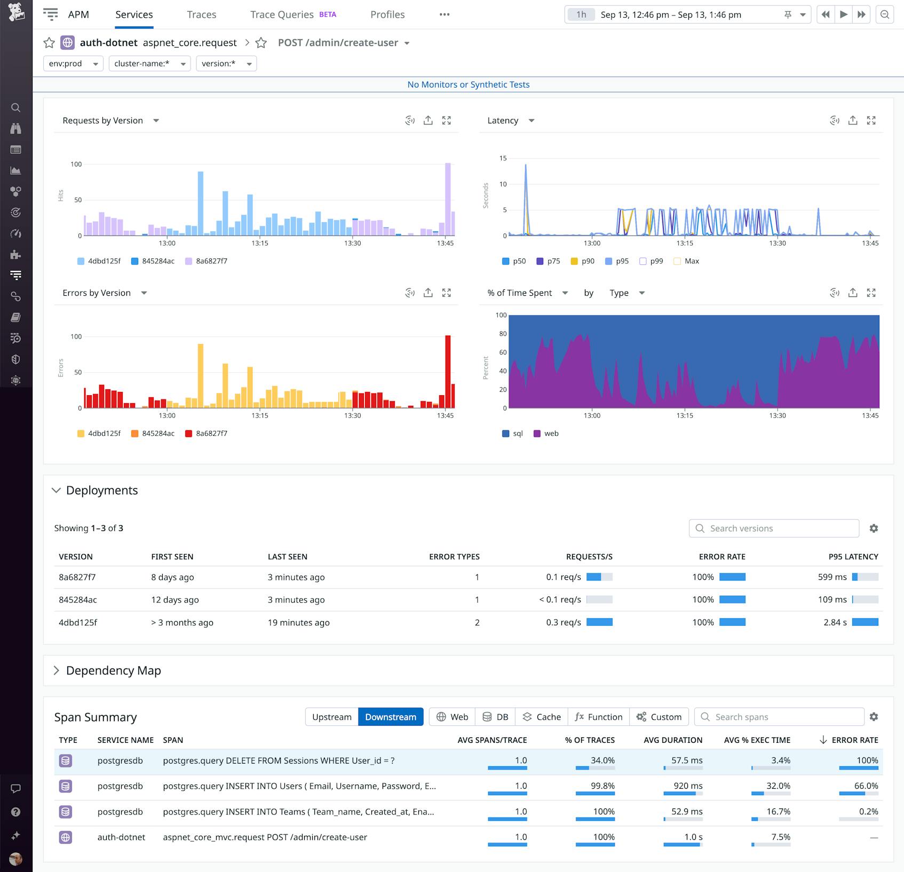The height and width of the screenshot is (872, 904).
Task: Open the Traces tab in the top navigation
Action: pos(201,14)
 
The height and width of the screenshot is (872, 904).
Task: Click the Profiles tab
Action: pos(387,14)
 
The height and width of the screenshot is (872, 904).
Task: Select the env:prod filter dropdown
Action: pos(73,64)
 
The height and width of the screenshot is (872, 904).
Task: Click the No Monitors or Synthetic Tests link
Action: pos(468,84)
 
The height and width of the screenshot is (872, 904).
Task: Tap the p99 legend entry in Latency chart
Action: pos(651,261)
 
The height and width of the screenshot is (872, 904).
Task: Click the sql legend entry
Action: pos(512,434)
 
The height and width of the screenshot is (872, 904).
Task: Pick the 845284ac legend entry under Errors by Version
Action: pos(153,434)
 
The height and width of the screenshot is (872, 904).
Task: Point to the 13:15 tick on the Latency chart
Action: pos(685,243)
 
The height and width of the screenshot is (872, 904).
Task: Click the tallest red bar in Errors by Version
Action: pos(448,371)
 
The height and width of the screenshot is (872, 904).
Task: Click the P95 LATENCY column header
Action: pos(853,556)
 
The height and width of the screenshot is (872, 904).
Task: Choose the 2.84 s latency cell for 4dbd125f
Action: pos(835,622)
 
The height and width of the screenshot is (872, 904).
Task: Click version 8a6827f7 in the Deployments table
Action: pos(77,577)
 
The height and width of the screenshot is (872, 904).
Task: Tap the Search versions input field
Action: pos(774,528)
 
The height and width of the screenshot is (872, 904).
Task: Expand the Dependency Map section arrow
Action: pos(56,670)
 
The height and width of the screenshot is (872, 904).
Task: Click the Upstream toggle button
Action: pos(331,717)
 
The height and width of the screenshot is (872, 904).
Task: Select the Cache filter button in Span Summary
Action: pos(542,717)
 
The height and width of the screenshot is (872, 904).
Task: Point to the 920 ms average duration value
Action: pos(688,786)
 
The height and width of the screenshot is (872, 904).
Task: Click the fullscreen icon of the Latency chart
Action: pos(871,121)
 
